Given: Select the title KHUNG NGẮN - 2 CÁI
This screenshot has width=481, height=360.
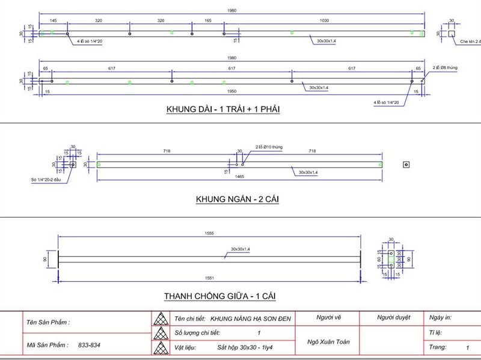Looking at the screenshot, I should [x=239, y=199].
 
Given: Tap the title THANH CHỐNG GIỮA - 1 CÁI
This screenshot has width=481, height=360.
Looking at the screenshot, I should [x=220, y=296].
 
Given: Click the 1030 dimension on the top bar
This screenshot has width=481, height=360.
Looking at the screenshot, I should [x=324, y=20].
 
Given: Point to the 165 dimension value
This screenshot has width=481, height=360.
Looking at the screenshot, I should [x=207, y=20].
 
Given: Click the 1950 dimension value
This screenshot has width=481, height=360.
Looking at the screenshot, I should [x=231, y=92].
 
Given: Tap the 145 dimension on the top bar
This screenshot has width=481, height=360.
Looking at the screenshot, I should [x=54, y=20].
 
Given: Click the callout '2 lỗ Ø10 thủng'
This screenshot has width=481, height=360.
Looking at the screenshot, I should [x=269, y=147].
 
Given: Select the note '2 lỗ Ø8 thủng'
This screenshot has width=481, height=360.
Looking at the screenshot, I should [x=445, y=68].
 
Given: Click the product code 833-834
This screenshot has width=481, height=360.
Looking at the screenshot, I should [x=89, y=346].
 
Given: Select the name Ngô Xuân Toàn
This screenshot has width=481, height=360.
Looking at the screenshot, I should [x=328, y=341].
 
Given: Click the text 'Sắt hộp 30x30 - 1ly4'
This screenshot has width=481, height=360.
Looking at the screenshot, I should [x=247, y=347].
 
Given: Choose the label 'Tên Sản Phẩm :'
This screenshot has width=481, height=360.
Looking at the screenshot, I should [x=48, y=323].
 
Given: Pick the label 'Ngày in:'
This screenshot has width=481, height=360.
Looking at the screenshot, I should [x=441, y=317].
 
